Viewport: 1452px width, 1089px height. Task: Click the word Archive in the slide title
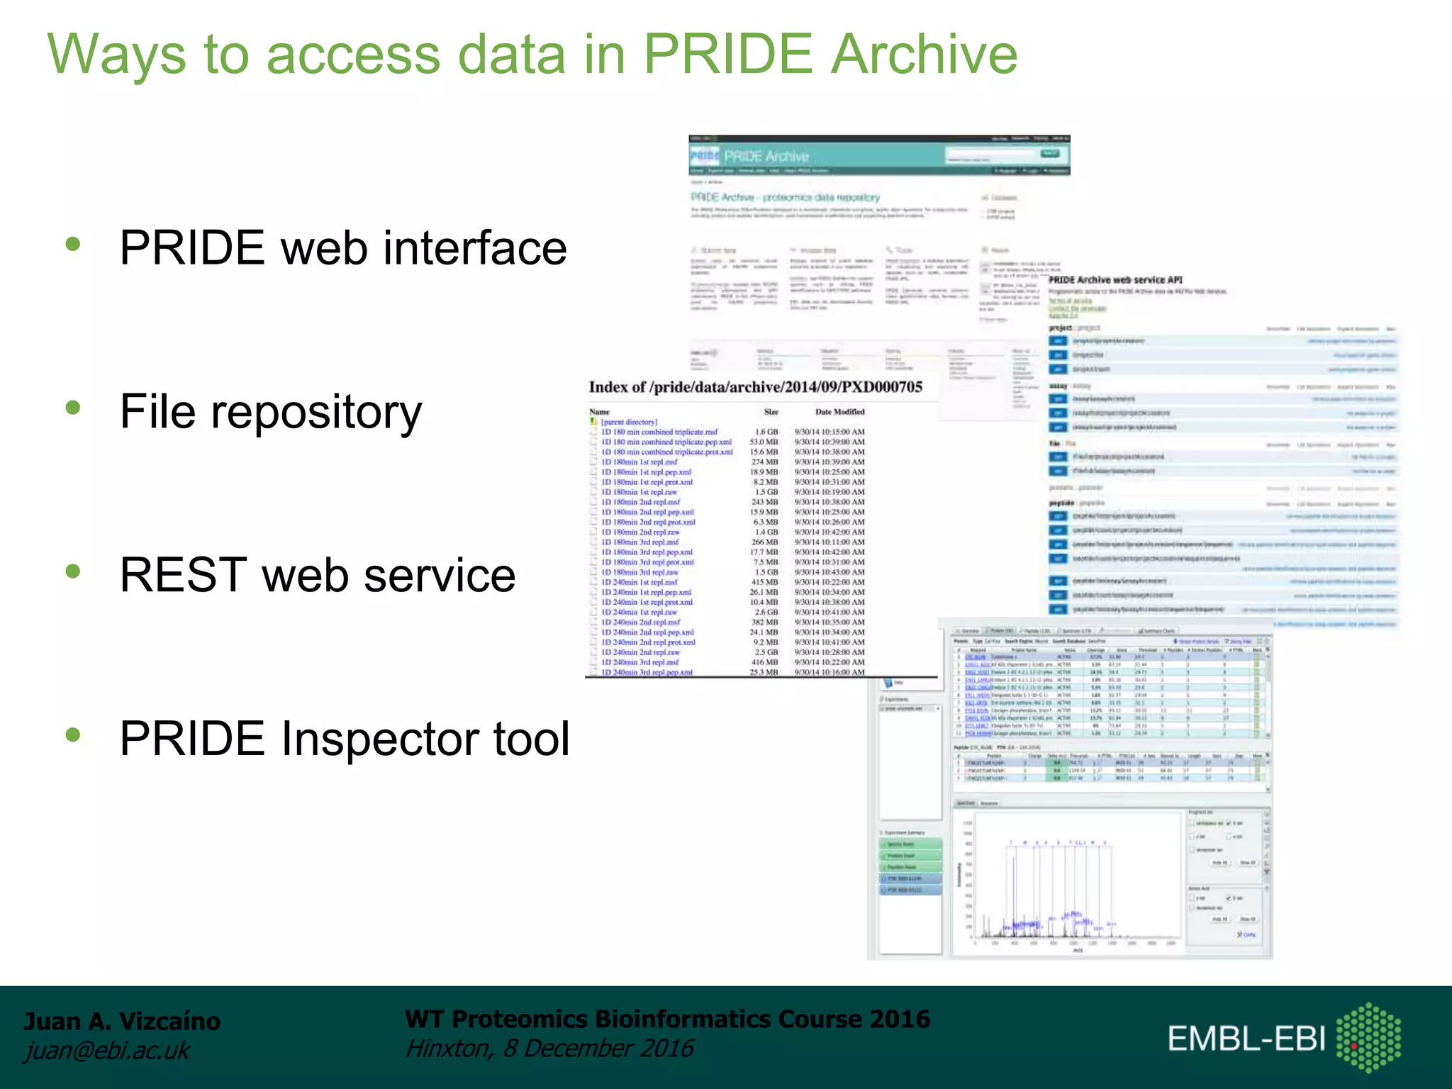[924, 55]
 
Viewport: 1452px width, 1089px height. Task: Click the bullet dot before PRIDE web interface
[73, 245]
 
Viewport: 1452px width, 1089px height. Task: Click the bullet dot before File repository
[73, 408]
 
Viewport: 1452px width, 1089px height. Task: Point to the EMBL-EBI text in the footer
[1246, 1039]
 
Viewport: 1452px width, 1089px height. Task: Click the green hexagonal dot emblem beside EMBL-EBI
[1368, 1037]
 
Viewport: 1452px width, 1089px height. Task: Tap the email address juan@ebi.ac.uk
[107, 1051]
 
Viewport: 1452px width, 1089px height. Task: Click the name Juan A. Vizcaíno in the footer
[122, 1021]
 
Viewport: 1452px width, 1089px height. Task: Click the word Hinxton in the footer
[447, 1048]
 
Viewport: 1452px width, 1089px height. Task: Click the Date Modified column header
[839, 412]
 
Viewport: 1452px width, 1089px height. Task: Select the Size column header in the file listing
[771, 412]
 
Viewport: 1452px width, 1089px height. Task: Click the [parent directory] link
[629, 422]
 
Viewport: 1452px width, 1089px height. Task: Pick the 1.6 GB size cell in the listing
[766, 432]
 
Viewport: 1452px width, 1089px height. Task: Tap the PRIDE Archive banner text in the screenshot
[766, 156]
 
